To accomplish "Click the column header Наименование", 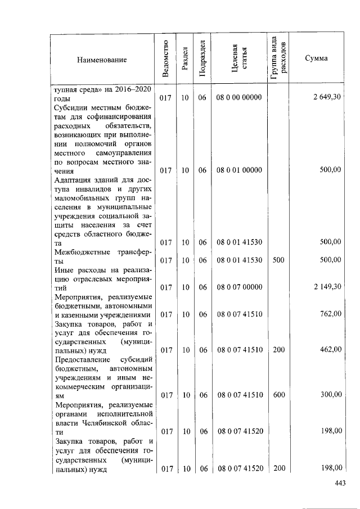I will click(102, 59).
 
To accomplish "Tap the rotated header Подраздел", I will click(202, 59).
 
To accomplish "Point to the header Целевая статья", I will click(239, 59).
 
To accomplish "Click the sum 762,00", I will click(331, 314).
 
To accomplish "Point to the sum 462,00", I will click(331, 349).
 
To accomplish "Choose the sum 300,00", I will click(331, 395).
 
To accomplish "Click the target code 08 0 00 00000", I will click(239, 97).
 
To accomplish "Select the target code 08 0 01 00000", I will click(239, 170).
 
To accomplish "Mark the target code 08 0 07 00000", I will click(239, 287).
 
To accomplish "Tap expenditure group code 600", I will click(278, 395).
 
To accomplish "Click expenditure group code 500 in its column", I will click(278, 260).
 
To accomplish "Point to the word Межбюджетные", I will click(80, 251).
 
